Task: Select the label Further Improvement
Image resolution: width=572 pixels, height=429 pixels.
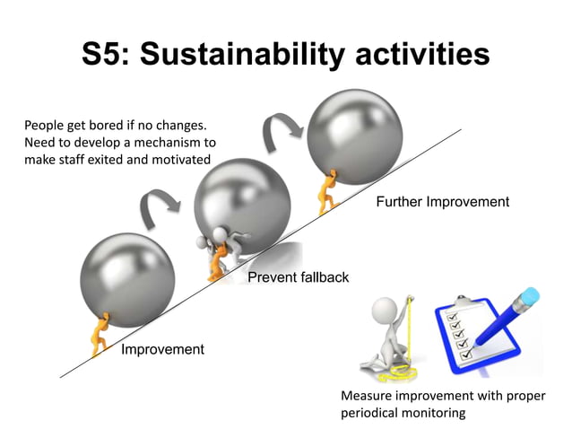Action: coord(443,202)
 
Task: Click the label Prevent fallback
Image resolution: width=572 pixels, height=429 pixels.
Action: coord(298,277)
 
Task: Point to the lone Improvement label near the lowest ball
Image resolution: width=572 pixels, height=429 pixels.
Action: coord(162,349)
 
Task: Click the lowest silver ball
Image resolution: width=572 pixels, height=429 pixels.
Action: coord(126,278)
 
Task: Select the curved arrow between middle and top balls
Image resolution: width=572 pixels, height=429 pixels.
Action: coord(279,130)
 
